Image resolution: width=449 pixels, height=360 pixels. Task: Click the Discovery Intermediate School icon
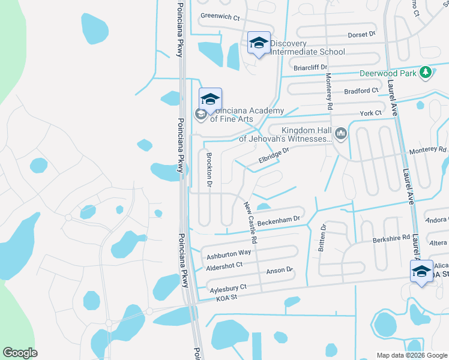(x=259, y=43)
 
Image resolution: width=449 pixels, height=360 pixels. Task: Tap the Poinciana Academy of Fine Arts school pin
(x=210, y=99)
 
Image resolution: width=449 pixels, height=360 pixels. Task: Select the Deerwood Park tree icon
(x=426, y=73)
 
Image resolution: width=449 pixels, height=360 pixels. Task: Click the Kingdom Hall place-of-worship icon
(x=342, y=133)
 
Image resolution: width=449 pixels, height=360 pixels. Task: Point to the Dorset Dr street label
(x=361, y=35)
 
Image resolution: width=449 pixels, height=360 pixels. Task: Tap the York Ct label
(x=370, y=113)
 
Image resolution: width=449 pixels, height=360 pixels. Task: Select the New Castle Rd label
(x=250, y=222)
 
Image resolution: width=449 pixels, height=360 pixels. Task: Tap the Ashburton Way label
(x=229, y=254)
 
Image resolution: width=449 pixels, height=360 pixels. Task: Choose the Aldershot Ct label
(x=224, y=265)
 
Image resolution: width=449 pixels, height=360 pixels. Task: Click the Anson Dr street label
(x=279, y=271)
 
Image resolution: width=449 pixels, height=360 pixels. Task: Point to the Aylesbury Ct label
(x=228, y=289)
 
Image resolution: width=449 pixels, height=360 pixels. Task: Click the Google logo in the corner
(x=20, y=353)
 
